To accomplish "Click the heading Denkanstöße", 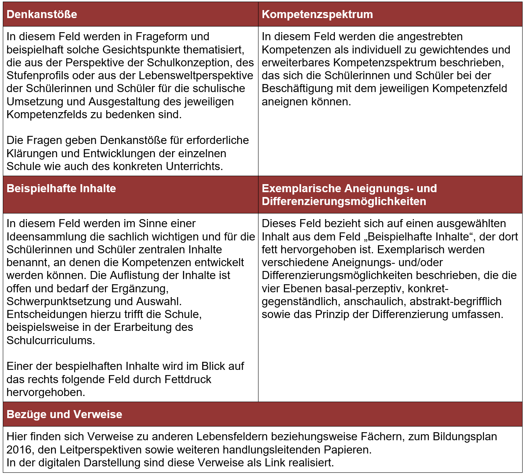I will (x=42, y=14).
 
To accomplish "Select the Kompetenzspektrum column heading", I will (x=317, y=14).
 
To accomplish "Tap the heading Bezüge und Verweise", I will (x=64, y=414).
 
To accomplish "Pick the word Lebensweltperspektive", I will (x=196, y=76).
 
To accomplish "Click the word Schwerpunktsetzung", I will (x=59, y=302).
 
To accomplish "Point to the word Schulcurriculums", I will (x=51, y=341).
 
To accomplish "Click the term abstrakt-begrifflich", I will (x=455, y=302).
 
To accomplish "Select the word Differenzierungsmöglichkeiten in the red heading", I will (x=344, y=201).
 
